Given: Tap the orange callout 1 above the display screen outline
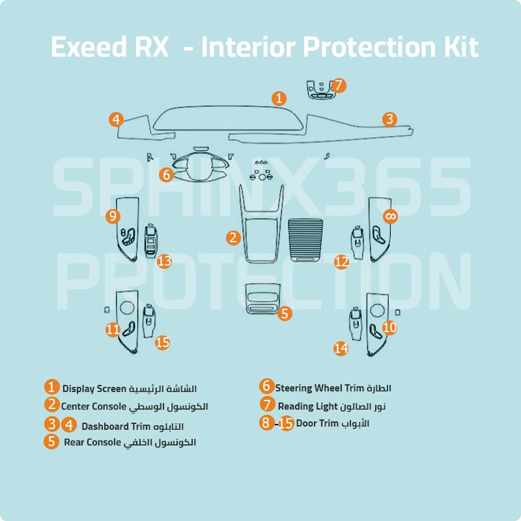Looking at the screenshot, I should click(x=279, y=98).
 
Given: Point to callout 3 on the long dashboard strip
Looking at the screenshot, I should click(x=389, y=119).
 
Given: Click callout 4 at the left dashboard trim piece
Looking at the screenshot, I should click(x=116, y=119).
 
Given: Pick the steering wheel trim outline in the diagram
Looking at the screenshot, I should click(x=199, y=167).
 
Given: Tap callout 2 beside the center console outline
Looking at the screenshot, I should click(x=233, y=238).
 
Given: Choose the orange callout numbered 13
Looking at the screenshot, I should click(x=164, y=261).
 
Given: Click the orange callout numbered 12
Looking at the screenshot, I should click(x=341, y=261).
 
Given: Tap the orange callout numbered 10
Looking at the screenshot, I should click(x=389, y=328).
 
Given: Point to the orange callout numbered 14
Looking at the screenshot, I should click(x=341, y=348).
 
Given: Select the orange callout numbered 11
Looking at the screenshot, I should click(x=113, y=330).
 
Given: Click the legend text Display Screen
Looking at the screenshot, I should click(x=94, y=389).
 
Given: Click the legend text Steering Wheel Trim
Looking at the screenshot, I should click(x=318, y=388).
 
